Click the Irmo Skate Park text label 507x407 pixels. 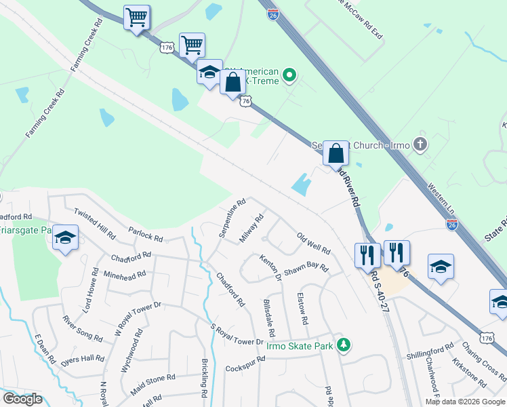pyautogui.click(x=300, y=346)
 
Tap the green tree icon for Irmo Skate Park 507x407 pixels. pyautogui.click(x=344, y=345)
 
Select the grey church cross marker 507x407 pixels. pyautogui.click(x=420, y=143)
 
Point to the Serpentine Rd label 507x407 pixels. pyautogui.click(x=232, y=218)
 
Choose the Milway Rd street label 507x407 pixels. pyautogui.click(x=251, y=229)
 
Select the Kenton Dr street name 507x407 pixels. pyautogui.click(x=270, y=268)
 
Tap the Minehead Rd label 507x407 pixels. pyautogui.click(x=125, y=275)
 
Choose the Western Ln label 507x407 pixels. pyautogui.click(x=441, y=195)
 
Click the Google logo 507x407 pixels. pyautogui.click(x=22, y=399)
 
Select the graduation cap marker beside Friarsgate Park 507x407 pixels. pyautogui.click(x=66, y=237)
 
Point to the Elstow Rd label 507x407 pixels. pyautogui.click(x=303, y=309)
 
